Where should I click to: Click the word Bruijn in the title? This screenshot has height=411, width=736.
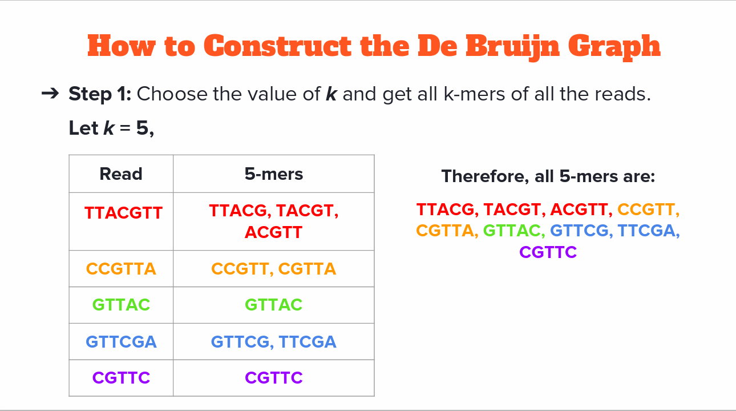[512, 47]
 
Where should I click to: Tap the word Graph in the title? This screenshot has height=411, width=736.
[614, 47]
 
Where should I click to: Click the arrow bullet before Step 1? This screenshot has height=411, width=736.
[50, 94]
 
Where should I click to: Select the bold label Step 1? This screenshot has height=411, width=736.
[100, 94]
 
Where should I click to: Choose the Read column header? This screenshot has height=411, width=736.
[121, 174]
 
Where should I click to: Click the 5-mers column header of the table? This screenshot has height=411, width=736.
[274, 174]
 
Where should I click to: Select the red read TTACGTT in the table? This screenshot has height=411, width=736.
[124, 212]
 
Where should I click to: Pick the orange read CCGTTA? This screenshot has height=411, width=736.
[121, 269]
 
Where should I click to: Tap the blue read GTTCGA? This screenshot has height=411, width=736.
[121, 341]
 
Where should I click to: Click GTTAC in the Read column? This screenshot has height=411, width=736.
[121, 304]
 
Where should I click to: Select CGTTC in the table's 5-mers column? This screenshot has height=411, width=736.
[274, 377]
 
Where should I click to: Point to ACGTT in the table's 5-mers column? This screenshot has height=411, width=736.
[274, 232]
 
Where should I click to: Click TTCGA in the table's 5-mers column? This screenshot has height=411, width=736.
[308, 341]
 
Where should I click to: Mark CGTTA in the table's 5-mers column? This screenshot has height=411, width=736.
[307, 269]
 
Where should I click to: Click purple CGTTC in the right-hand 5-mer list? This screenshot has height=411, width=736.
[548, 252]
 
